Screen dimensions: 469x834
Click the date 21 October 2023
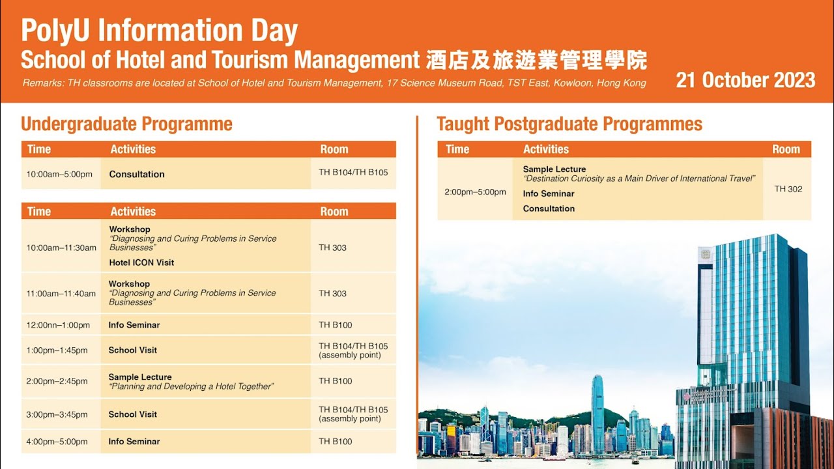click(745, 80)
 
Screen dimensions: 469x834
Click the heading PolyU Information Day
click(159, 31)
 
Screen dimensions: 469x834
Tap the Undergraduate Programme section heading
click(126, 124)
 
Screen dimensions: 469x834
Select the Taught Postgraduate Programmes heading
click(569, 124)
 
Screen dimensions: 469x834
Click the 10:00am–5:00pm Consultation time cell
click(59, 174)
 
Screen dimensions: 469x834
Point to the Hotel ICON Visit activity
click(141, 263)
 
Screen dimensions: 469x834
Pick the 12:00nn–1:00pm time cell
click(58, 325)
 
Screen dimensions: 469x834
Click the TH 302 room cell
click(788, 189)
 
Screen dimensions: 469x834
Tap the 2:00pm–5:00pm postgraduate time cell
click(475, 192)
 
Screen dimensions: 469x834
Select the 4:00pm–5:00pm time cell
click(57, 442)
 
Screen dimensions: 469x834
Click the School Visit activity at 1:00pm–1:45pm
click(133, 350)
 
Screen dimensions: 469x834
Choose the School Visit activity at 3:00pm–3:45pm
click(133, 414)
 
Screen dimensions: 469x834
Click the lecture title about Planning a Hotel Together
click(191, 386)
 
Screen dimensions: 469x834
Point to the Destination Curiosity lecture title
click(639, 178)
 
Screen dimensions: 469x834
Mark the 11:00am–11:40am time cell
click(61, 294)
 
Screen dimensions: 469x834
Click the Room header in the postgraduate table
click(786, 149)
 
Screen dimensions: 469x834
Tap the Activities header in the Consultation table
click(133, 149)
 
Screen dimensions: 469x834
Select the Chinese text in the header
click(536, 60)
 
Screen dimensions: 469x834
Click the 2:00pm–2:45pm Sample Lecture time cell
click(57, 381)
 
